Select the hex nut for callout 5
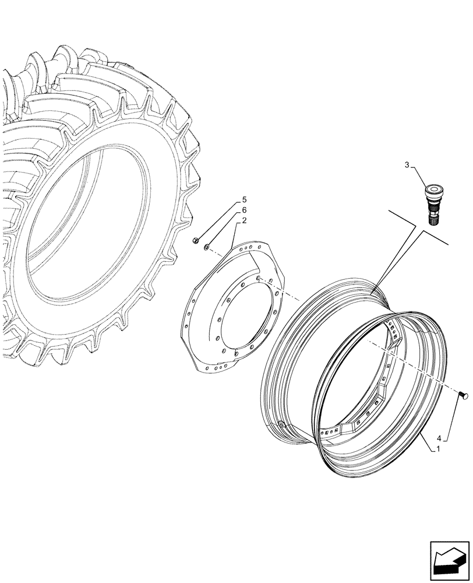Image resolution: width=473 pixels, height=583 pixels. point(196,241)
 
